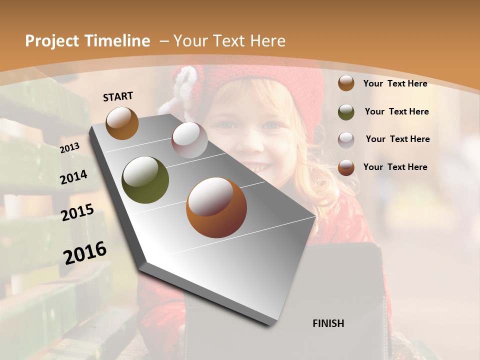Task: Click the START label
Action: point(118,96)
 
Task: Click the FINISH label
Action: point(328,323)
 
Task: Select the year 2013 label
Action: point(69,148)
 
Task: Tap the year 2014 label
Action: point(73,177)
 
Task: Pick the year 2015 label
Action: point(77,212)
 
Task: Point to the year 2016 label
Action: point(85,252)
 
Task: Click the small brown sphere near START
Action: point(122,123)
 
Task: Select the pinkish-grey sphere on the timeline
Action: point(189,140)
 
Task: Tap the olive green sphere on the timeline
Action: point(145,180)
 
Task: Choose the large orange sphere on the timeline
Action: point(216,207)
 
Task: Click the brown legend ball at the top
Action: point(346,83)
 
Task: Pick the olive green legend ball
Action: point(346,112)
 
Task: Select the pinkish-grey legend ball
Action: point(346,139)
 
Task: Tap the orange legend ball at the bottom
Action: point(346,167)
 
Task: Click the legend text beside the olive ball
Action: point(396,111)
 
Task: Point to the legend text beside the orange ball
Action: point(395,167)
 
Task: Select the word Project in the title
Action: point(50,41)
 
